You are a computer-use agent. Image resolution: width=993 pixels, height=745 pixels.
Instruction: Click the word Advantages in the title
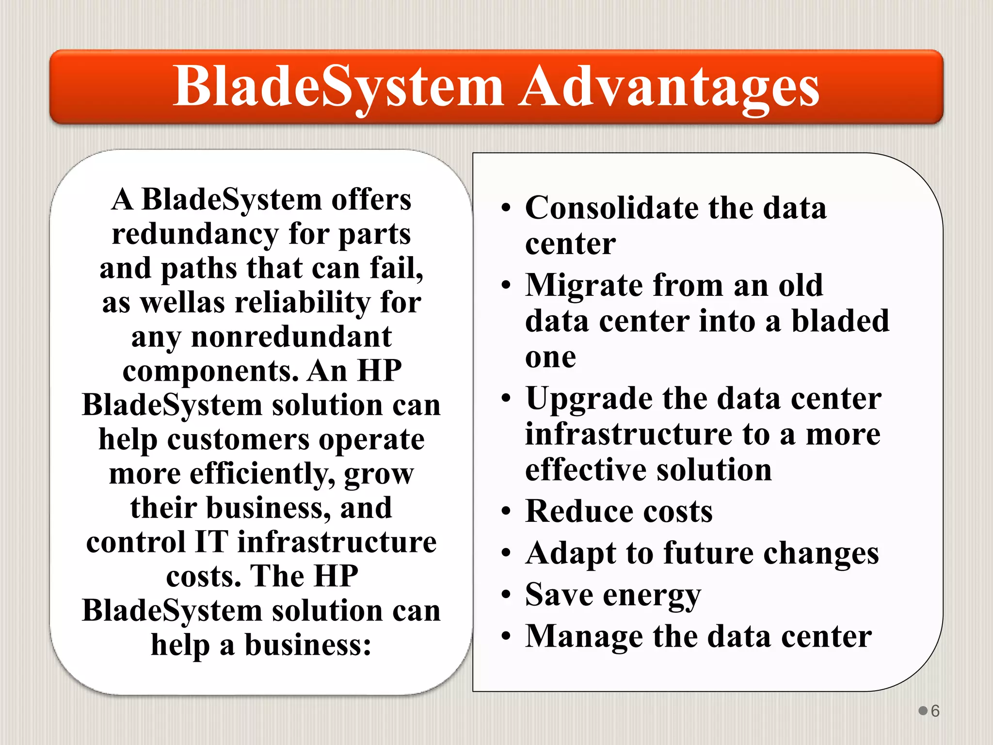coord(669,87)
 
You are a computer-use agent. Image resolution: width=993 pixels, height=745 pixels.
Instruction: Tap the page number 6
coord(935,711)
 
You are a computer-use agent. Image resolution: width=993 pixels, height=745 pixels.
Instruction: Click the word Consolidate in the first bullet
coord(612,208)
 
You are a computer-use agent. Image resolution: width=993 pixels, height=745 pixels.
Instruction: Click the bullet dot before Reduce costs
coord(506,512)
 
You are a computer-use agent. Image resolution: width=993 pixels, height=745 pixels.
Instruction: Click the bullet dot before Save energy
coord(506,595)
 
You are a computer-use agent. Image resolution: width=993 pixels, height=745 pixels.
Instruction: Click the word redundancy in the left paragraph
coord(195,234)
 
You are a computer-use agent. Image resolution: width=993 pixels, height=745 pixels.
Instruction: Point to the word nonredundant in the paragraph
coord(291,337)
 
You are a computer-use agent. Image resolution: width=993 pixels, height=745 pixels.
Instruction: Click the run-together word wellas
coord(182,303)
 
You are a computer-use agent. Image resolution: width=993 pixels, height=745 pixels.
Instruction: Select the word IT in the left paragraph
coord(210,542)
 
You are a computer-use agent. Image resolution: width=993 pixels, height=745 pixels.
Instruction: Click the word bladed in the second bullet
coord(840,321)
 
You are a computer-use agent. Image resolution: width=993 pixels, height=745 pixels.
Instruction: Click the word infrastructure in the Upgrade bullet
coord(628,434)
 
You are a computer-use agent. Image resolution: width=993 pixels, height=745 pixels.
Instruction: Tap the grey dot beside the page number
coord(923,711)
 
